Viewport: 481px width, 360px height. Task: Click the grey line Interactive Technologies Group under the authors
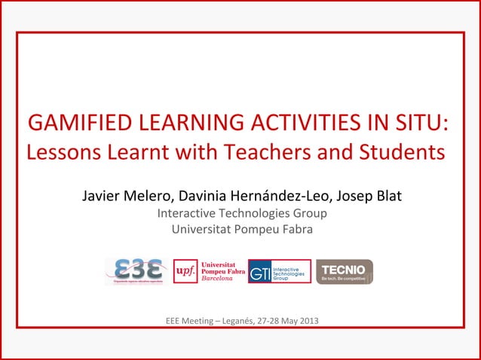[x=241, y=214]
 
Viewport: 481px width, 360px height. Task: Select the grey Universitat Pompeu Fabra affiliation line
[x=241, y=229]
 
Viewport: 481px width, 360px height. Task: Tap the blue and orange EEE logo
[x=136, y=271]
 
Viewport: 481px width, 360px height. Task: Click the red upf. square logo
[x=185, y=271]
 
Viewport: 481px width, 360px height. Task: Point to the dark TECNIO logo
[x=344, y=272]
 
